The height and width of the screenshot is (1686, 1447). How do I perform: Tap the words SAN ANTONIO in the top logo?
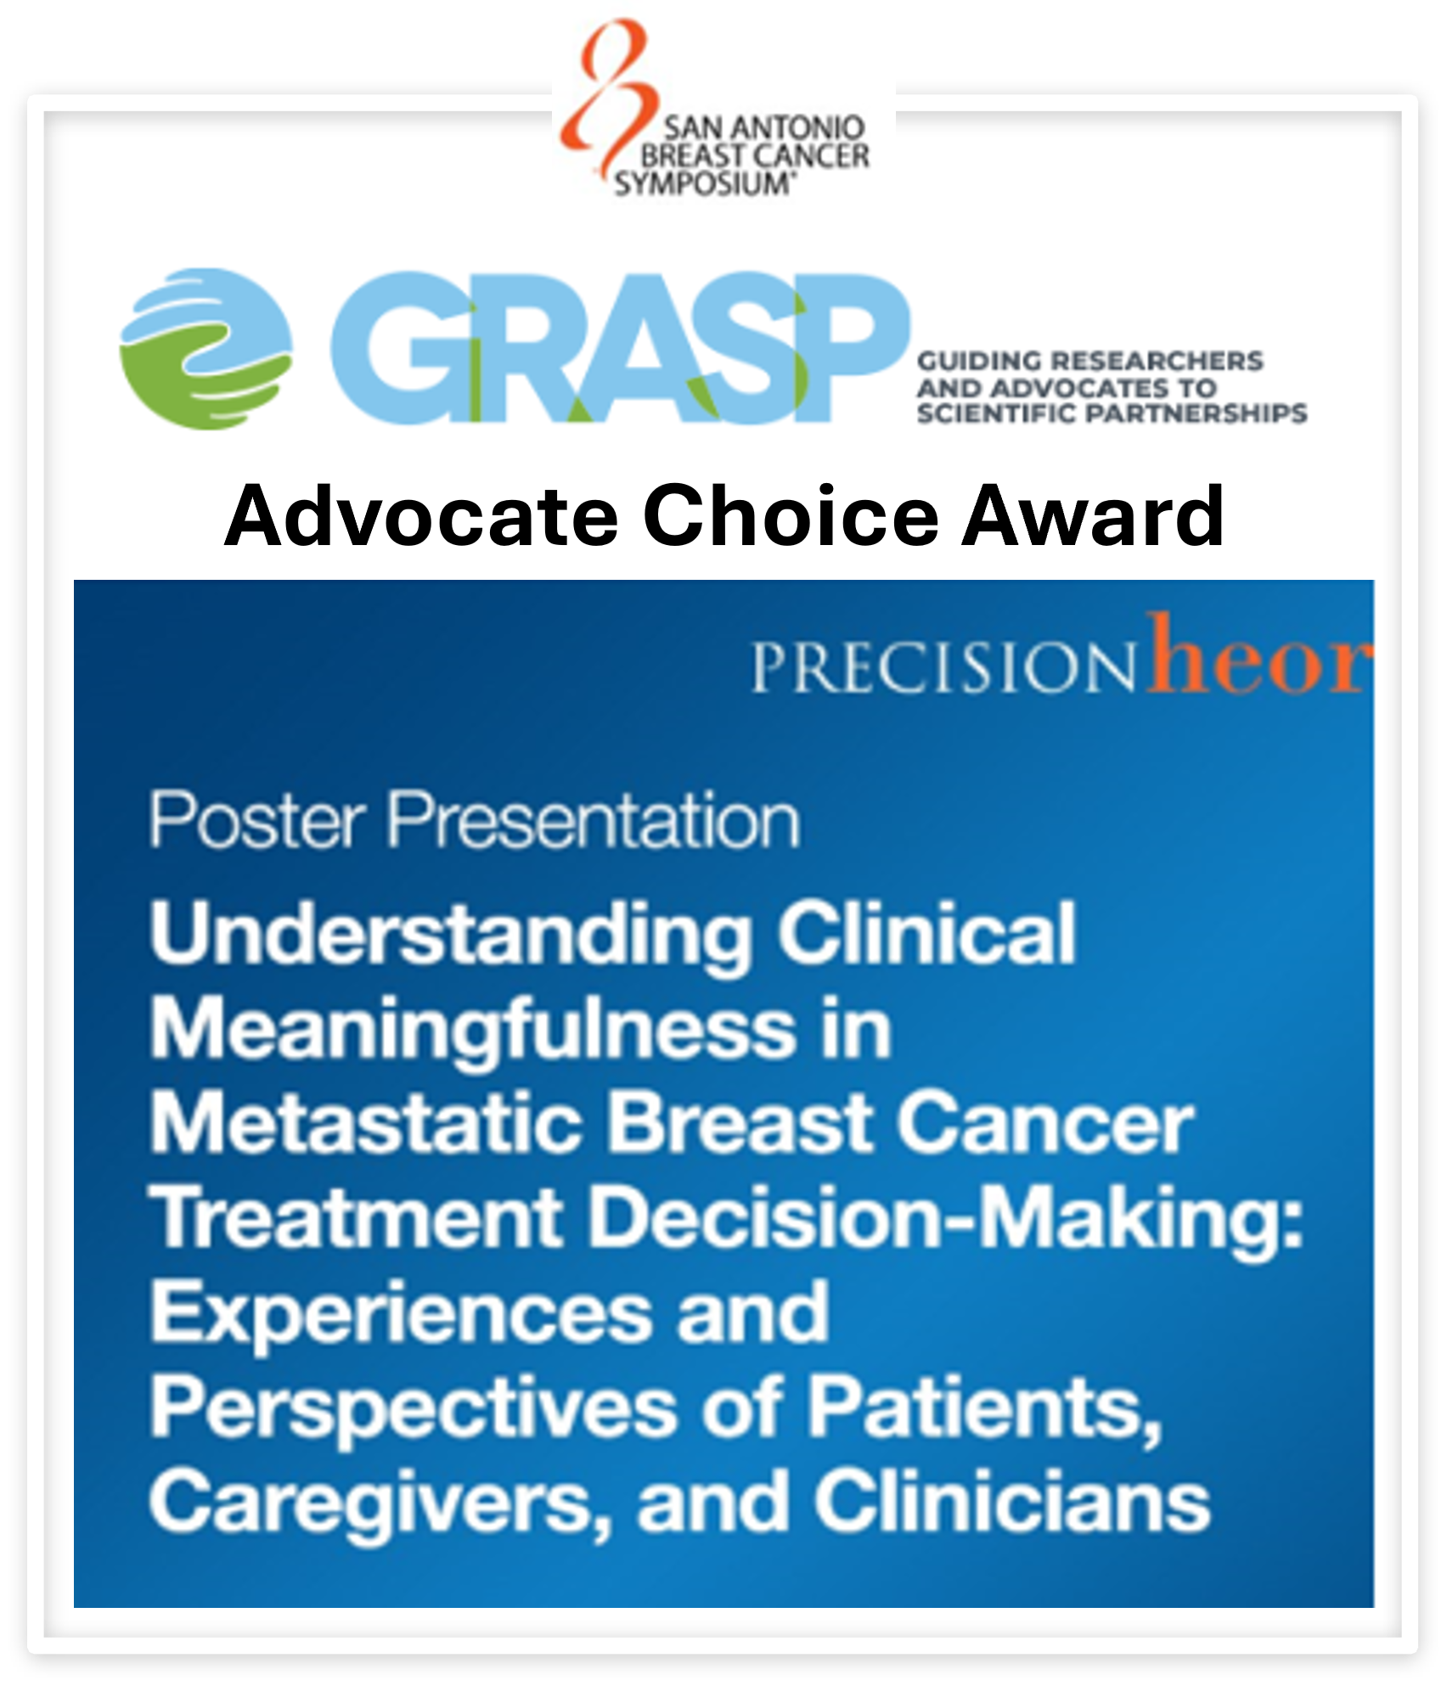(763, 128)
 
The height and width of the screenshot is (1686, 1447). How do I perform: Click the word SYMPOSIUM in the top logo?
(704, 183)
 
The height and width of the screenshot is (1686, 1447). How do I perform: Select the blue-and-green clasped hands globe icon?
(206, 349)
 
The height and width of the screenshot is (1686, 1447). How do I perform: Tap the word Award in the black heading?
(1093, 515)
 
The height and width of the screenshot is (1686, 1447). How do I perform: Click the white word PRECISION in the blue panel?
(943, 667)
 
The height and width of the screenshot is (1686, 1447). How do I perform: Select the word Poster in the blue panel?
(258, 820)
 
